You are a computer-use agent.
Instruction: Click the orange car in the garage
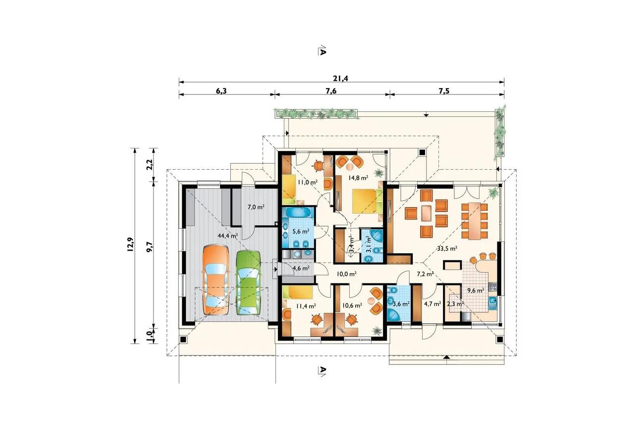(x=216, y=280)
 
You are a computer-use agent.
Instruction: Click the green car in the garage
(x=249, y=283)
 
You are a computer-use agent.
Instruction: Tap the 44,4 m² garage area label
(x=228, y=236)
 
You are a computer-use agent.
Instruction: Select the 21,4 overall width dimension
(x=341, y=78)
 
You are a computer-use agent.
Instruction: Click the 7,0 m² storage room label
(x=256, y=207)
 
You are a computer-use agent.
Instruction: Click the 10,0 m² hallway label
(x=347, y=274)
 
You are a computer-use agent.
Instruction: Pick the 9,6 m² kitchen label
(x=476, y=290)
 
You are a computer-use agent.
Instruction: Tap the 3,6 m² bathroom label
(x=401, y=303)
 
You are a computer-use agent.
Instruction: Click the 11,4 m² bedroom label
(x=306, y=306)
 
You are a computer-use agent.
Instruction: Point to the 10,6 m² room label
(x=352, y=306)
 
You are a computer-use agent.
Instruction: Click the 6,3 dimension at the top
(x=221, y=91)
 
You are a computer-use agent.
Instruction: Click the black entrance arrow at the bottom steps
(x=446, y=357)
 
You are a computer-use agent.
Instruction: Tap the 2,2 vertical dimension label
(x=150, y=165)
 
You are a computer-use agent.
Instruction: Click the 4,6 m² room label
(x=301, y=268)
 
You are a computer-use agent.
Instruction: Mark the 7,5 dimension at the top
(x=444, y=91)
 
